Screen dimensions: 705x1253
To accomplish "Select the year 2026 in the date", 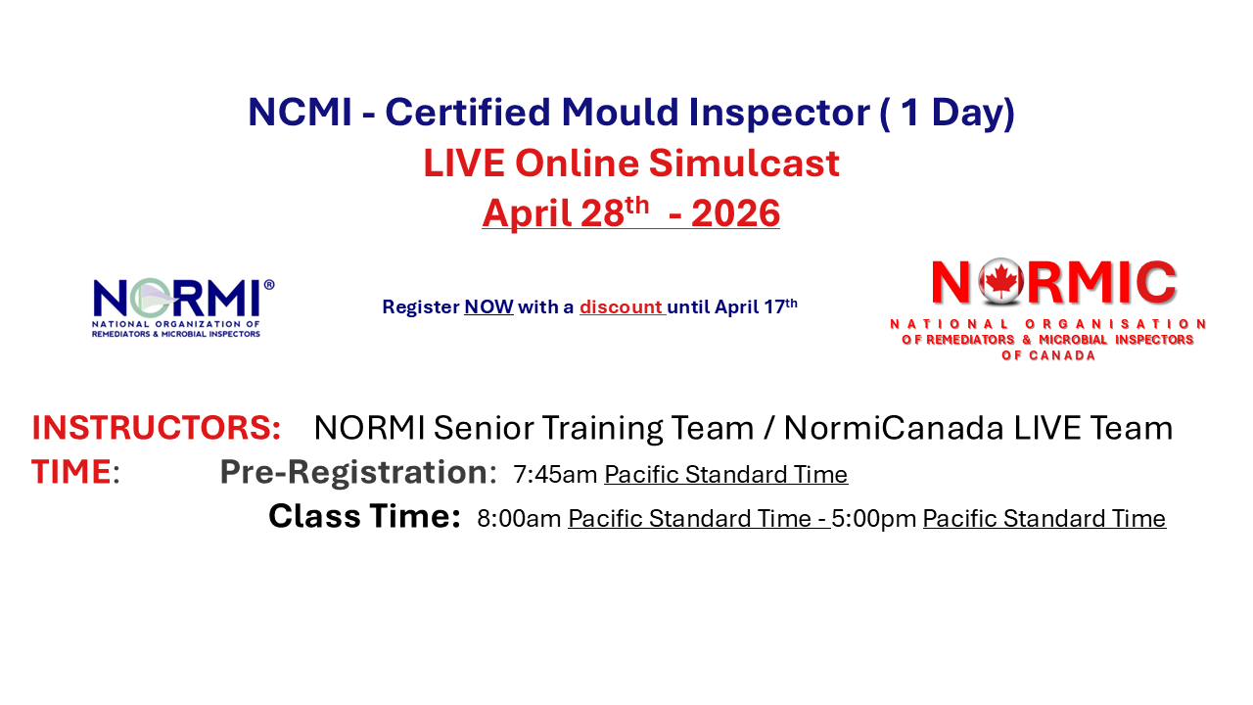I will tap(735, 213).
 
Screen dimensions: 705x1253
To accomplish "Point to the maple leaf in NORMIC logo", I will tap(1001, 282).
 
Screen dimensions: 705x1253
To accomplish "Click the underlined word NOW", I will tap(488, 307).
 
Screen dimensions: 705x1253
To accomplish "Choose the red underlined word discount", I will tap(621, 307).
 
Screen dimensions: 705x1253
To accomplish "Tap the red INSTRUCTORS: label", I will tap(157, 428).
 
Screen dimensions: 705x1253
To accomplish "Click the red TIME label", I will tap(71, 472).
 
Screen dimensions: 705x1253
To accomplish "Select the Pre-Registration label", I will tap(353, 472).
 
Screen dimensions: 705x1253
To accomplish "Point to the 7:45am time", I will tap(555, 475).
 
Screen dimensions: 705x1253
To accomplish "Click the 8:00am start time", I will tap(519, 519).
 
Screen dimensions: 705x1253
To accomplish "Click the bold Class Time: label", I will tap(364, 516).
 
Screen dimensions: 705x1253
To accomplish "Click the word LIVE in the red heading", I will tap(466, 164).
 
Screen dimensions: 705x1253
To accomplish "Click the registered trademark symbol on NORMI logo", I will tap(269, 285).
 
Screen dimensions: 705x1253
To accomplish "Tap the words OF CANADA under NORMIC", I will tap(1048, 355).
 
